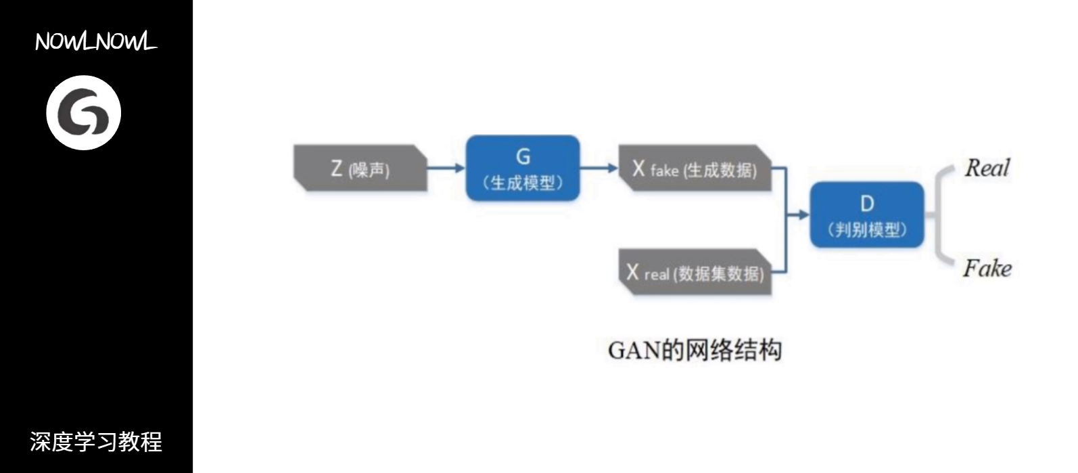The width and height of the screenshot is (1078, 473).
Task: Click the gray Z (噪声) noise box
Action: [360, 168]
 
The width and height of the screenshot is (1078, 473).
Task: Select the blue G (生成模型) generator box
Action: [523, 168]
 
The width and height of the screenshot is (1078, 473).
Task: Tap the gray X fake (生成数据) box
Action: [695, 168]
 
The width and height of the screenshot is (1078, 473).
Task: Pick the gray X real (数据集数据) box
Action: [695, 272]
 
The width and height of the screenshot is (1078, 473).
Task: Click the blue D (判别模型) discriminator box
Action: [866, 215]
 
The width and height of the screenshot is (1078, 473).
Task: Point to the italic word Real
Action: [987, 168]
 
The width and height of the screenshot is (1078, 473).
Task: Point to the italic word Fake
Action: [987, 268]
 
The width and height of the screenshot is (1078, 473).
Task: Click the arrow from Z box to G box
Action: [446, 168]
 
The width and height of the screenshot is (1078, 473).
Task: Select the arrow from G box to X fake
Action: [599, 168]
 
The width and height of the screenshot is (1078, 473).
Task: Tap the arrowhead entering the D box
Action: [803, 215]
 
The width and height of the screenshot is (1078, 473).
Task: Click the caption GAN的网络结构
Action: [695, 350]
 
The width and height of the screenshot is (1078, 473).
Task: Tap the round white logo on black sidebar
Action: [83, 112]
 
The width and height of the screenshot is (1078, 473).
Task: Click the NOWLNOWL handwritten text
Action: [96, 42]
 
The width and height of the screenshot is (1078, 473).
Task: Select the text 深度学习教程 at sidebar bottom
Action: [96, 442]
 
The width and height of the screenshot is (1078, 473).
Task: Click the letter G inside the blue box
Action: [523, 157]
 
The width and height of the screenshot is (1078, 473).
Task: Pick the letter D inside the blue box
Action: [866, 203]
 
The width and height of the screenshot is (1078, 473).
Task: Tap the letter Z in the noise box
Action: [336, 168]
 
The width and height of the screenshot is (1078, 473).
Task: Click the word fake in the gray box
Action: [664, 171]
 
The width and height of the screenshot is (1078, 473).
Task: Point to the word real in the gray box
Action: [657, 274]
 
